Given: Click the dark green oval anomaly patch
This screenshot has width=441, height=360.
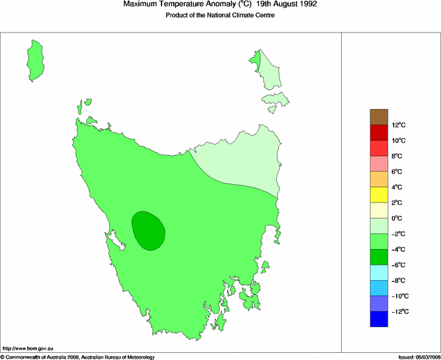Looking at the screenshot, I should (148, 230).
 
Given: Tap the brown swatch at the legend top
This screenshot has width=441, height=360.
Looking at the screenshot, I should (379, 117).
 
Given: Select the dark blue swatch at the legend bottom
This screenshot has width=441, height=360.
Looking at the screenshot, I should (379, 319).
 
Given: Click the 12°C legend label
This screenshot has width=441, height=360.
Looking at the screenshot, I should (398, 125).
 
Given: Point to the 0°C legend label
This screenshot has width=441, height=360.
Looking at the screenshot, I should (398, 219).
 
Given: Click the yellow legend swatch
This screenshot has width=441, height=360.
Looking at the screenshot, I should (379, 195).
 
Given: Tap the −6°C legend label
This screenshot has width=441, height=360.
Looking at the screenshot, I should (398, 265).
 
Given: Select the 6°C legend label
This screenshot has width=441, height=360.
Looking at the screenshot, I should (398, 172).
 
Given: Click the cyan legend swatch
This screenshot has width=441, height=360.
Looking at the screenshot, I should (379, 272).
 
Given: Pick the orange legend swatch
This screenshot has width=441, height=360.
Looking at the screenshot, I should (379, 179).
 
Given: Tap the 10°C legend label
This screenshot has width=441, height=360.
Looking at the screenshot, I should (398, 141).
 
